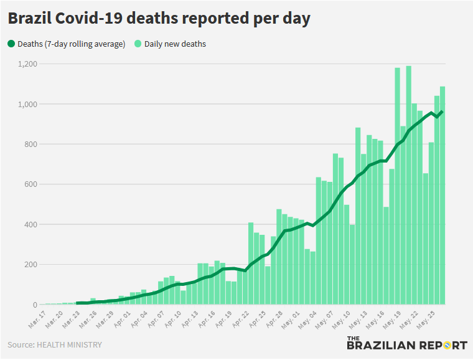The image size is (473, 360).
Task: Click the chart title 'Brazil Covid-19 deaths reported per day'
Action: point(159,19)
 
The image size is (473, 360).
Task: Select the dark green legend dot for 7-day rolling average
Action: point(11,44)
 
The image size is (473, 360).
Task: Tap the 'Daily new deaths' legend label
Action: point(175,44)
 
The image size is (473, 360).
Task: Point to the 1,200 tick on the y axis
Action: point(28,64)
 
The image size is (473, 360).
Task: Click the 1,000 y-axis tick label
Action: point(28,104)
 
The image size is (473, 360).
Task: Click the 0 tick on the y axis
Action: point(35,305)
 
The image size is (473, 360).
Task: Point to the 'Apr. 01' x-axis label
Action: point(121,319)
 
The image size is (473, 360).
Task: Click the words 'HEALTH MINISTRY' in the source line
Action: point(68,344)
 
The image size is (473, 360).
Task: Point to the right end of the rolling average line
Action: point(442,111)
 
